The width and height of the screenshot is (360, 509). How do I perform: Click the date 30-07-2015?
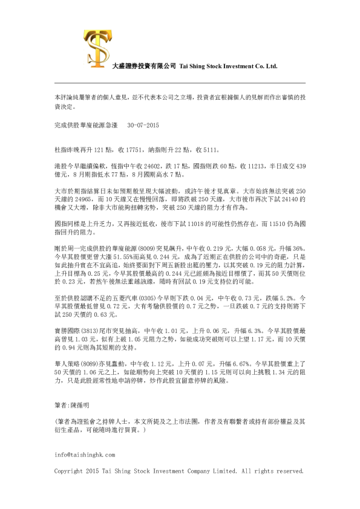click(x=143, y=125)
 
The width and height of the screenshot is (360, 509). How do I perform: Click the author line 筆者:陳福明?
click(x=72, y=402)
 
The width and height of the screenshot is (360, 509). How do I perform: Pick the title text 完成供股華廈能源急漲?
click(x=84, y=125)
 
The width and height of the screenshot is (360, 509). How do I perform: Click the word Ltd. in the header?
click(x=270, y=66)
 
